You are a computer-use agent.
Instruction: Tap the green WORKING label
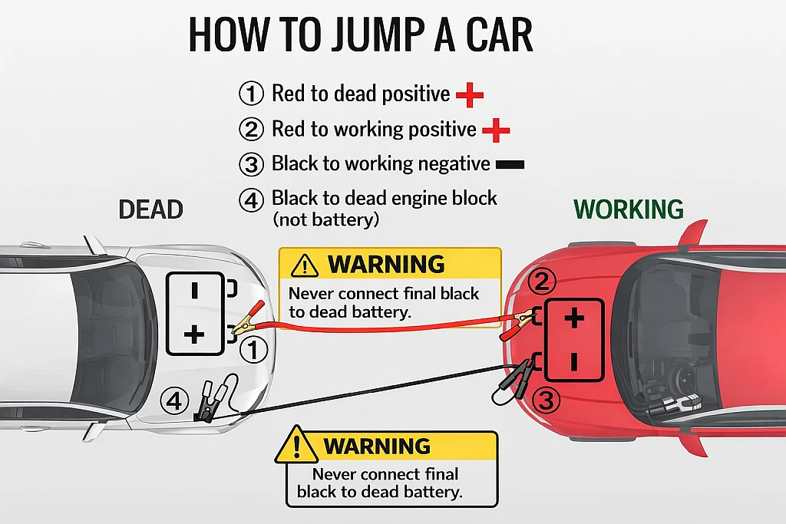(629, 209)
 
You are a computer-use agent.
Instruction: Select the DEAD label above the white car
(150, 209)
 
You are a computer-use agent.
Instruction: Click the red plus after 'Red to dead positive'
(469, 95)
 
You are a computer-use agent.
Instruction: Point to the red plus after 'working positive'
(496, 130)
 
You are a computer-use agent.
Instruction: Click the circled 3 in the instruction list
(251, 165)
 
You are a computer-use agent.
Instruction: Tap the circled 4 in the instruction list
(251, 201)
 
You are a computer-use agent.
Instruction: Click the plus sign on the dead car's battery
(196, 334)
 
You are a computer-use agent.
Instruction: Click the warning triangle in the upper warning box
(305, 265)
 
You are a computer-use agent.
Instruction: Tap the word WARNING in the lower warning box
(376, 447)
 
